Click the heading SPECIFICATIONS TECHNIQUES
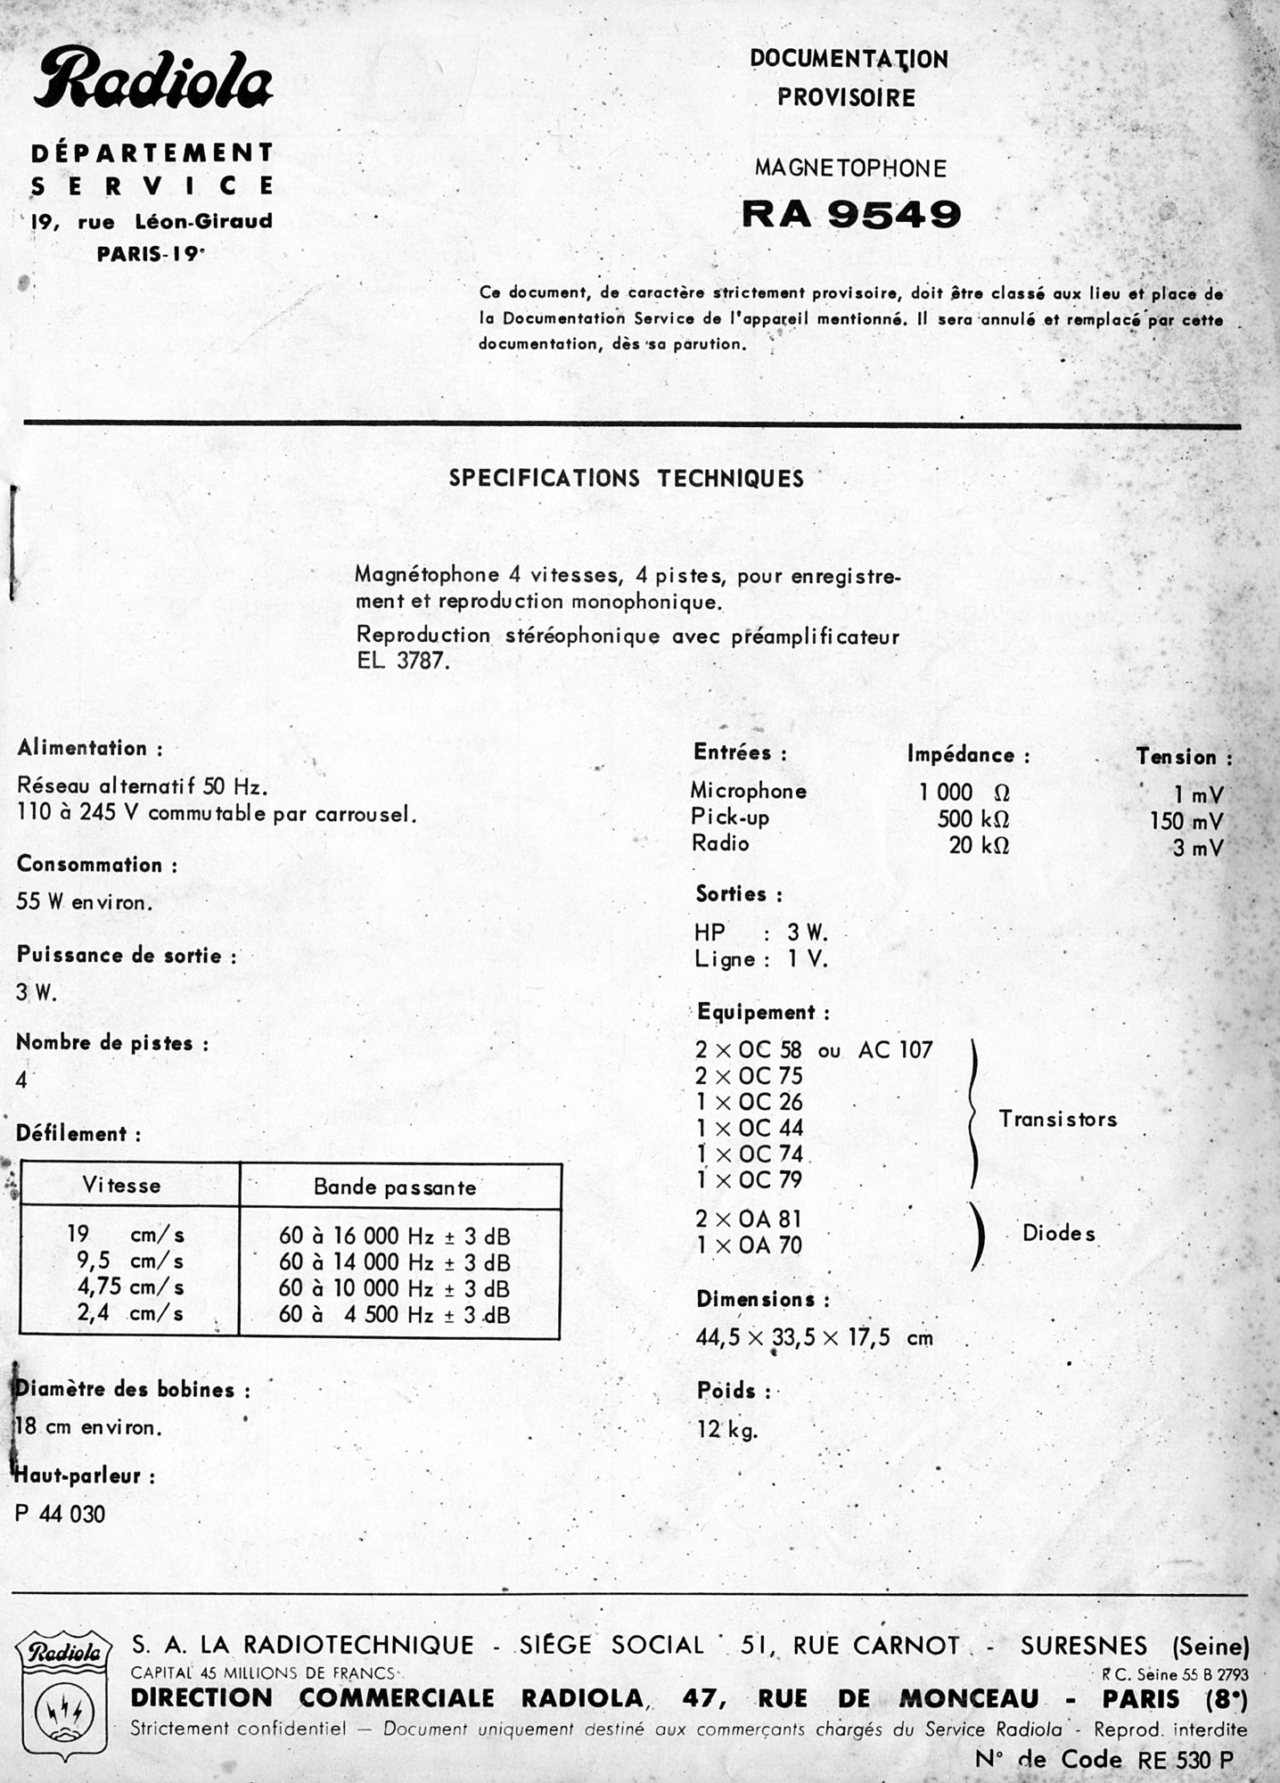(626, 479)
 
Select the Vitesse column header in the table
(121, 1186)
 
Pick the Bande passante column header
(395, 1187)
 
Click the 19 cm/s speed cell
(125, 1235)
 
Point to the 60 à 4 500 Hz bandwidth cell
(395, 1314)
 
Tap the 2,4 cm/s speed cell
(125, 1313)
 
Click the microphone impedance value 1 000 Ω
(964, 793)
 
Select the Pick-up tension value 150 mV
(1186, 821)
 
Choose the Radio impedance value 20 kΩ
(978, 845)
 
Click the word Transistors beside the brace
(1057, 1119)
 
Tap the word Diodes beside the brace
(1059, 1234)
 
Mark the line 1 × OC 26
(750, 1102)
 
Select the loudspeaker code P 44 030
(61, 1514)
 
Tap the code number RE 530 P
(1185, 1760)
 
